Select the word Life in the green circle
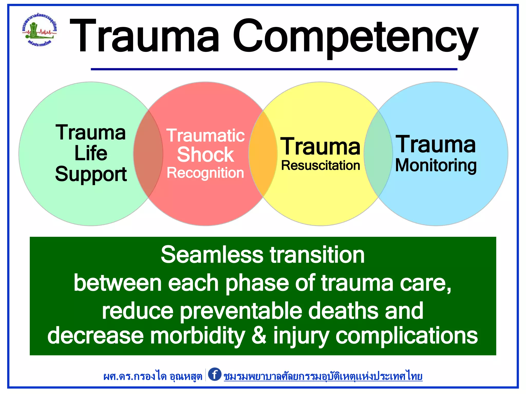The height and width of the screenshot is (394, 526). (91, 153)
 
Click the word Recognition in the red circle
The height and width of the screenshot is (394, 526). (205, 173)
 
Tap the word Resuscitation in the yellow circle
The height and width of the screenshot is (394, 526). (321, 165)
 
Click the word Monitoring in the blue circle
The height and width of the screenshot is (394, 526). (436, 165)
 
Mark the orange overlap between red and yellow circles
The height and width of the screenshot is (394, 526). (263, 154)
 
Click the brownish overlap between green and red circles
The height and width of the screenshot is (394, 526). (148, 154)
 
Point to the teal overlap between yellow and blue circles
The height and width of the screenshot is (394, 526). (378, 154)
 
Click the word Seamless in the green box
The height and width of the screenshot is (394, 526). (212, 255)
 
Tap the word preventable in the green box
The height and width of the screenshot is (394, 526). (241, 311)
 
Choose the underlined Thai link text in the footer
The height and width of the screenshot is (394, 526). (323, 376)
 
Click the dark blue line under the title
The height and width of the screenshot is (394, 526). (274, 69)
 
